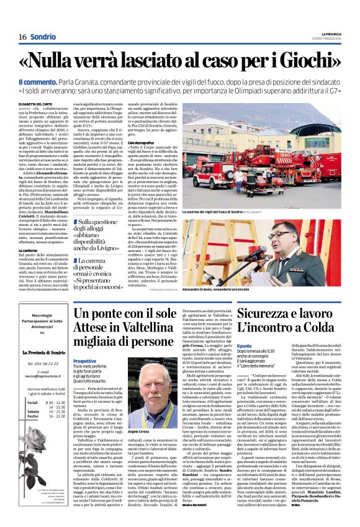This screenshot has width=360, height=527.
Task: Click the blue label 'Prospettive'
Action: (84, 361)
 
